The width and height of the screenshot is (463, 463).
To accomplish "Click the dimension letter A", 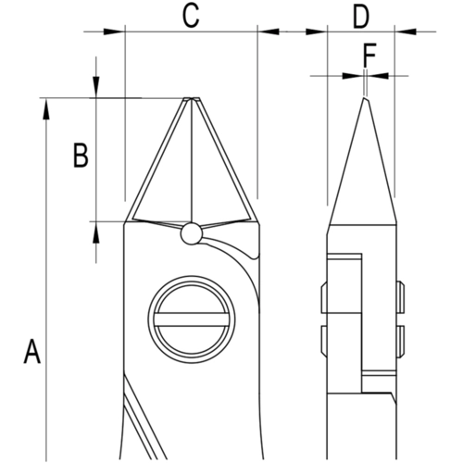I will click(x=31, y=353).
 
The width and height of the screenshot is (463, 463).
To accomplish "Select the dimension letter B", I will click(x=81, y=156).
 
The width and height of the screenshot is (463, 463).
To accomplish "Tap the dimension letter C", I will click(x=190, y=15).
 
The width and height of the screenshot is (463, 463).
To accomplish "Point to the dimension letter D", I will click(x=360, y=15).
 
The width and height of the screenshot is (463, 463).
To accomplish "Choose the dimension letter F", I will click(x=368, y=57).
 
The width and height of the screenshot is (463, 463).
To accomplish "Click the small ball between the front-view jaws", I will click(x=191, y=233).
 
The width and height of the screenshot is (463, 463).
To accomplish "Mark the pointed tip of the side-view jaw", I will click(x=364, y=97).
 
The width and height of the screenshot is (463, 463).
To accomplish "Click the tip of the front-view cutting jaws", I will click(x=192, y=98).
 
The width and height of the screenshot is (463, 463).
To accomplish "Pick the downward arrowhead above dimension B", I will click(x=97, y=87).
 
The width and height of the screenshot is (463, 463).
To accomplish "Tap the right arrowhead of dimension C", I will click(x=269, y=31).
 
